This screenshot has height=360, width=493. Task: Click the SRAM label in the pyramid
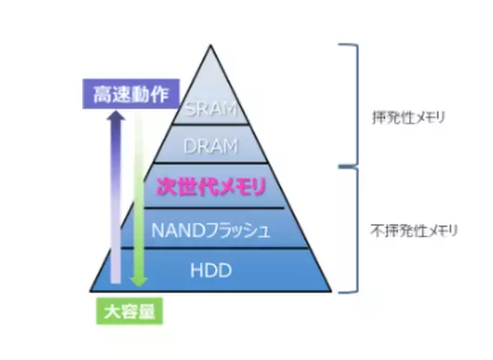pyautogui.click(x=211, y=108)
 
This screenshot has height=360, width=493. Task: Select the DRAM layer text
pyautogui.click(x=211, y=145)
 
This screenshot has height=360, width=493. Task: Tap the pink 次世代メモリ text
pyautogui.click(x=211, y=187)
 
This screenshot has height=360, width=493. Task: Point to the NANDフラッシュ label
pyautogui.click(x=211, y=229)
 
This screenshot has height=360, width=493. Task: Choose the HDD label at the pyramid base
pyautogui.click(x=211, y=270)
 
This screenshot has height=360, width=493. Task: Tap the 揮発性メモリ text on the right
pyautogui.click(x=408, y=118)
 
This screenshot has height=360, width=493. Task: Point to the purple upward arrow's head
pyautogui.click(x=117, y=118)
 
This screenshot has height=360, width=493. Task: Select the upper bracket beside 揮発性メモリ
pyautogui.click(x=355, y=103)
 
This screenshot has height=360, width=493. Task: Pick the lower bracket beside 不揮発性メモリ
pyautogui.click(x=355, y=228)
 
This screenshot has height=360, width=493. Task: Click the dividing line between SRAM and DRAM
pyautogui.click(x=211, y=126)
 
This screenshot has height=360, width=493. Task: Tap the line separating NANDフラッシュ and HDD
pyautogui.click(x=211, y=248)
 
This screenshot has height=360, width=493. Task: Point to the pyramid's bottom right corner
pyautogui.click(x=331, y=290)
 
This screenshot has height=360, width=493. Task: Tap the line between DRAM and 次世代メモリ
pyautogui.click(x=211, y=164)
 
